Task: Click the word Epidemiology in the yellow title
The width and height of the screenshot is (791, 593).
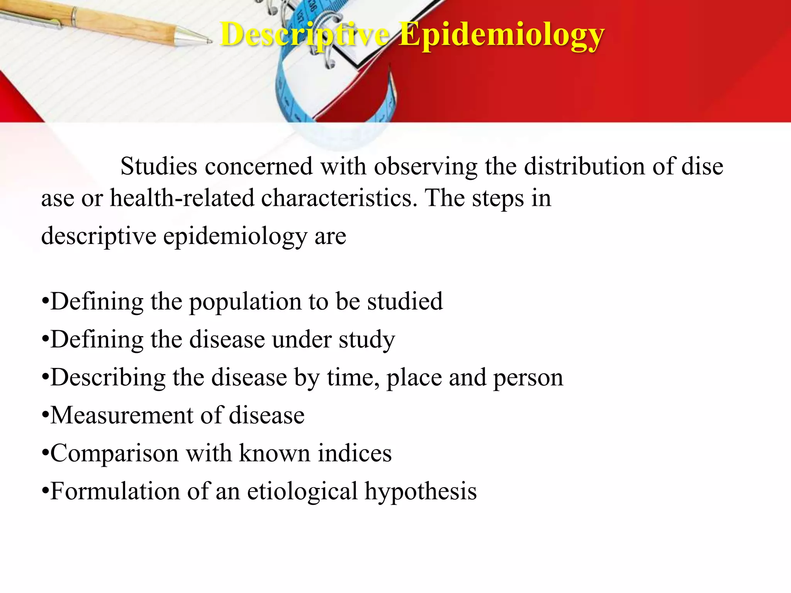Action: coord(501,36)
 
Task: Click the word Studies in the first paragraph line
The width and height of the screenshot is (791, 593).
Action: coord(159,167)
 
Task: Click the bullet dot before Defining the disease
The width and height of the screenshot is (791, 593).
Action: coord(45,340)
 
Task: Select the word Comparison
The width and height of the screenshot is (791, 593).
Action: coord(114,453)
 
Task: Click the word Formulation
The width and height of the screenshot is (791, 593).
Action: coord(115,491)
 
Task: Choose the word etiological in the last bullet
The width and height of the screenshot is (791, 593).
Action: coord(302,492)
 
